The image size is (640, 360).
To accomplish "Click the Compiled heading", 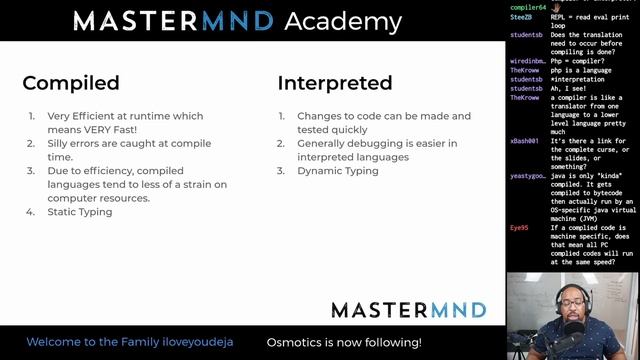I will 71,83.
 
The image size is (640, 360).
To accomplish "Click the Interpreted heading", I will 334,83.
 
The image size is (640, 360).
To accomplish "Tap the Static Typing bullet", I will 79,212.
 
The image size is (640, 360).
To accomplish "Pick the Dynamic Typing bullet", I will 337,171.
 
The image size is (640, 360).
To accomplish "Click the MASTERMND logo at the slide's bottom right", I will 408,309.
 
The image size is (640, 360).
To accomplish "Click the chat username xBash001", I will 526,141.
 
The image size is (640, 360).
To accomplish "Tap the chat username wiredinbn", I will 528,62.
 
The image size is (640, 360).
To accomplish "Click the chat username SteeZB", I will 522,19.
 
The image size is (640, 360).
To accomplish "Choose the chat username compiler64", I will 528,7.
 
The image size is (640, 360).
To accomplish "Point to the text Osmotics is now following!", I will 343,343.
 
